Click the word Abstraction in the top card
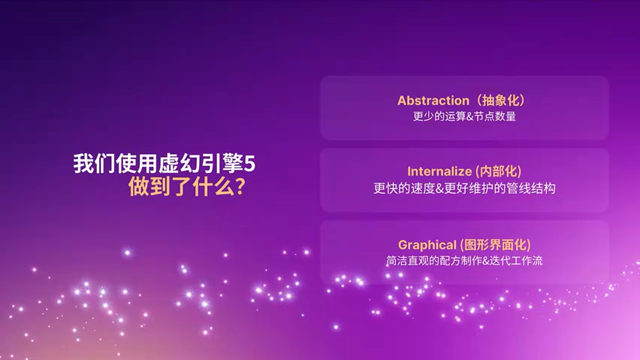433,100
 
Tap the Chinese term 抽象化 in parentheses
500,100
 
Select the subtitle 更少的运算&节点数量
464,117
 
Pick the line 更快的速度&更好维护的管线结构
464,188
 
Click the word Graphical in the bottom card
427,245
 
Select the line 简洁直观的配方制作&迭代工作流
464,261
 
